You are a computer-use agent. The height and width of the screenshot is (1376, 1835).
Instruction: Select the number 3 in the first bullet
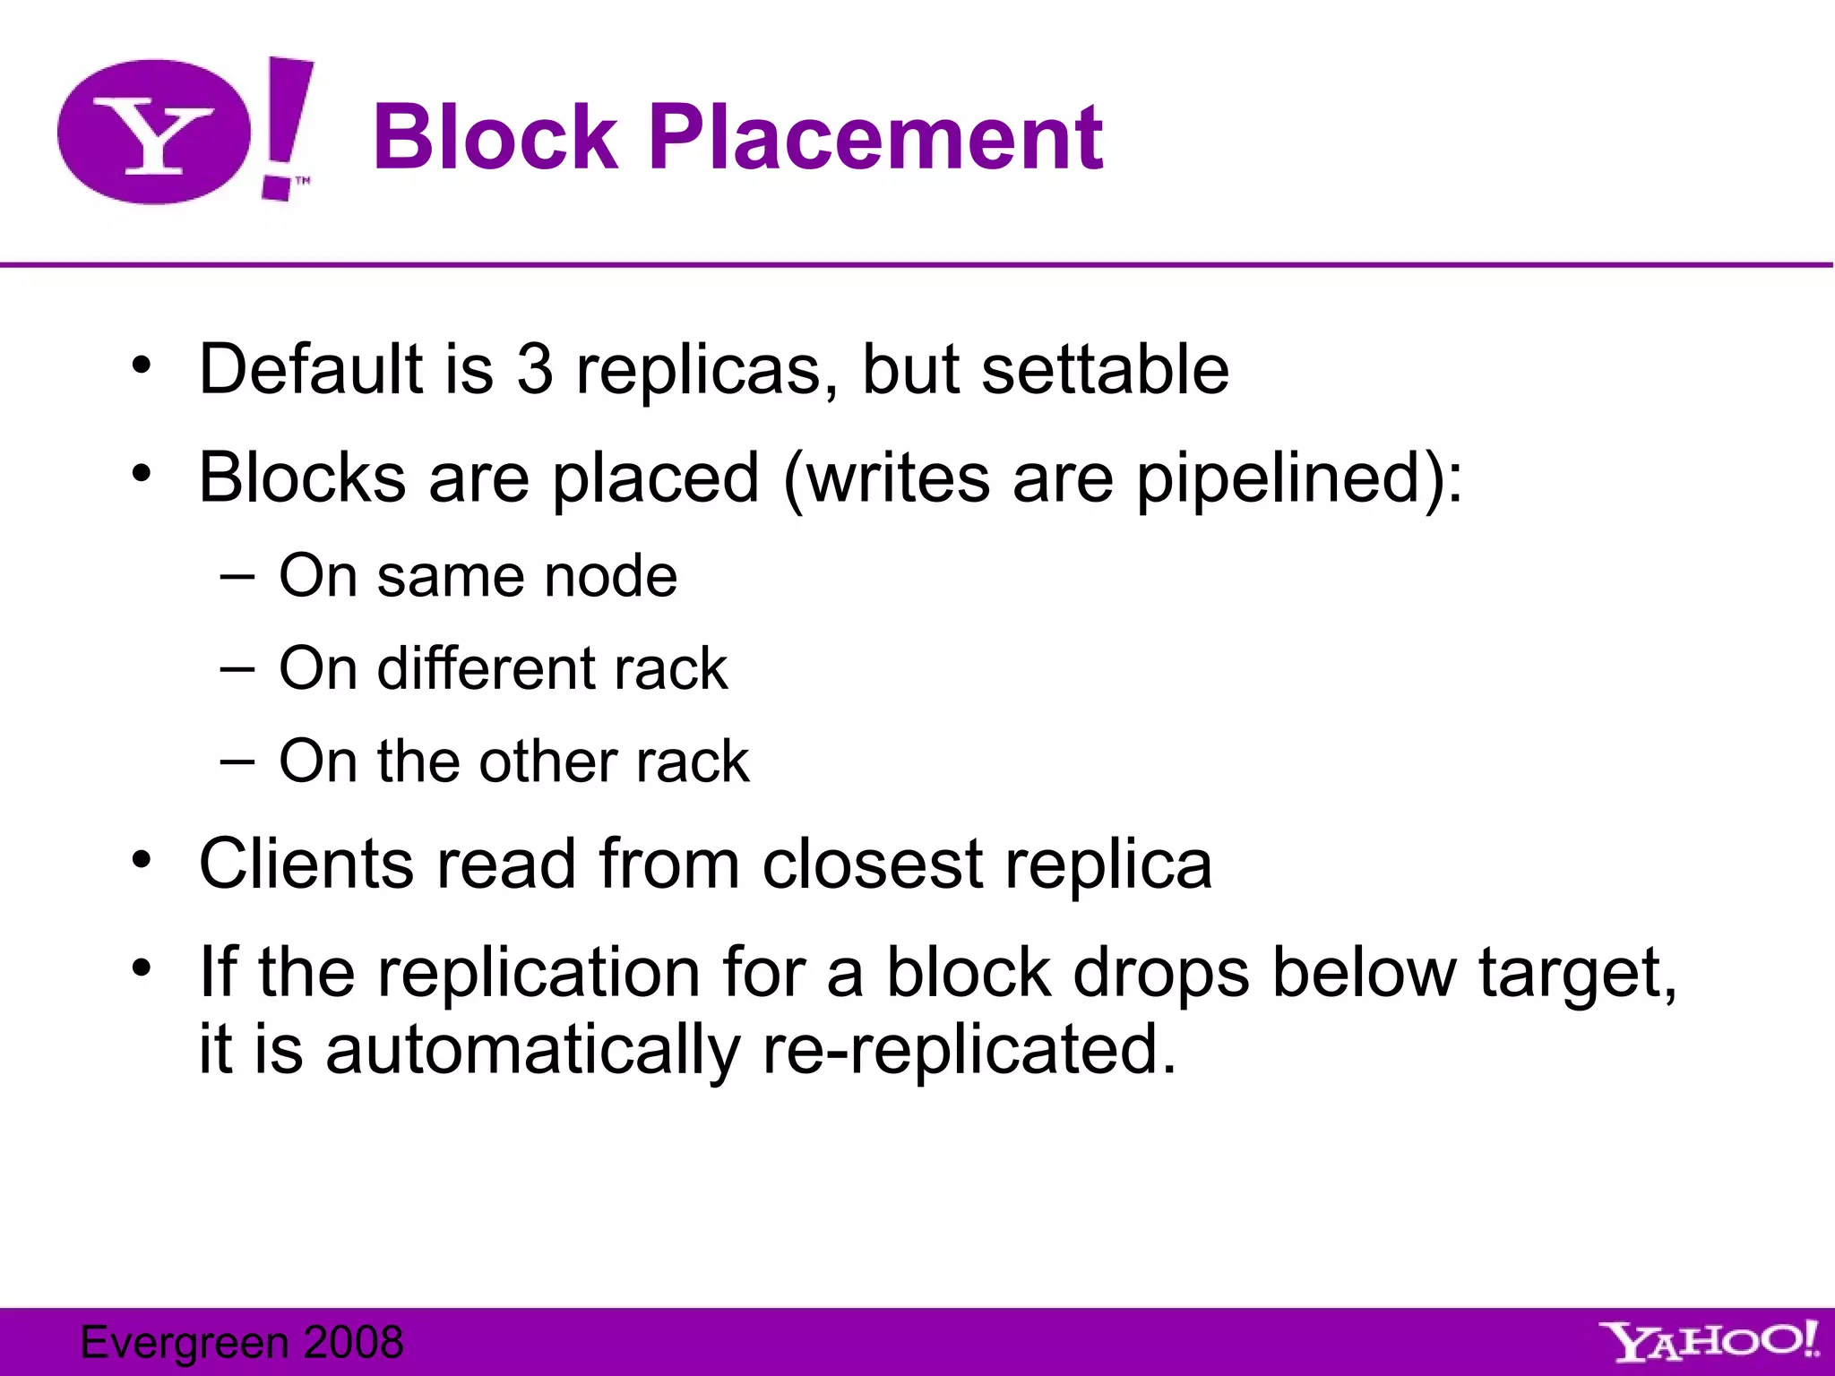tap(535, 369)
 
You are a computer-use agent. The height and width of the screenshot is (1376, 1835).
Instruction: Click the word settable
tap(1105, 369)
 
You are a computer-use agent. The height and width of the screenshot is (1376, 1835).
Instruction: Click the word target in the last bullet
tap(1575, 975)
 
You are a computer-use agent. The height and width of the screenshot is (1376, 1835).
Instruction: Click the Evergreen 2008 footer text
tap(242, 1342)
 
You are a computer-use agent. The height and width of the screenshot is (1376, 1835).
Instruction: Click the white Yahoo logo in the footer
tap(1710, 1342)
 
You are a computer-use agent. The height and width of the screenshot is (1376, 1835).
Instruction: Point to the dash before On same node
tap(237, 575)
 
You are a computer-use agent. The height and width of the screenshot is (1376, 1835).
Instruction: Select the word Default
tap(310, 369)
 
